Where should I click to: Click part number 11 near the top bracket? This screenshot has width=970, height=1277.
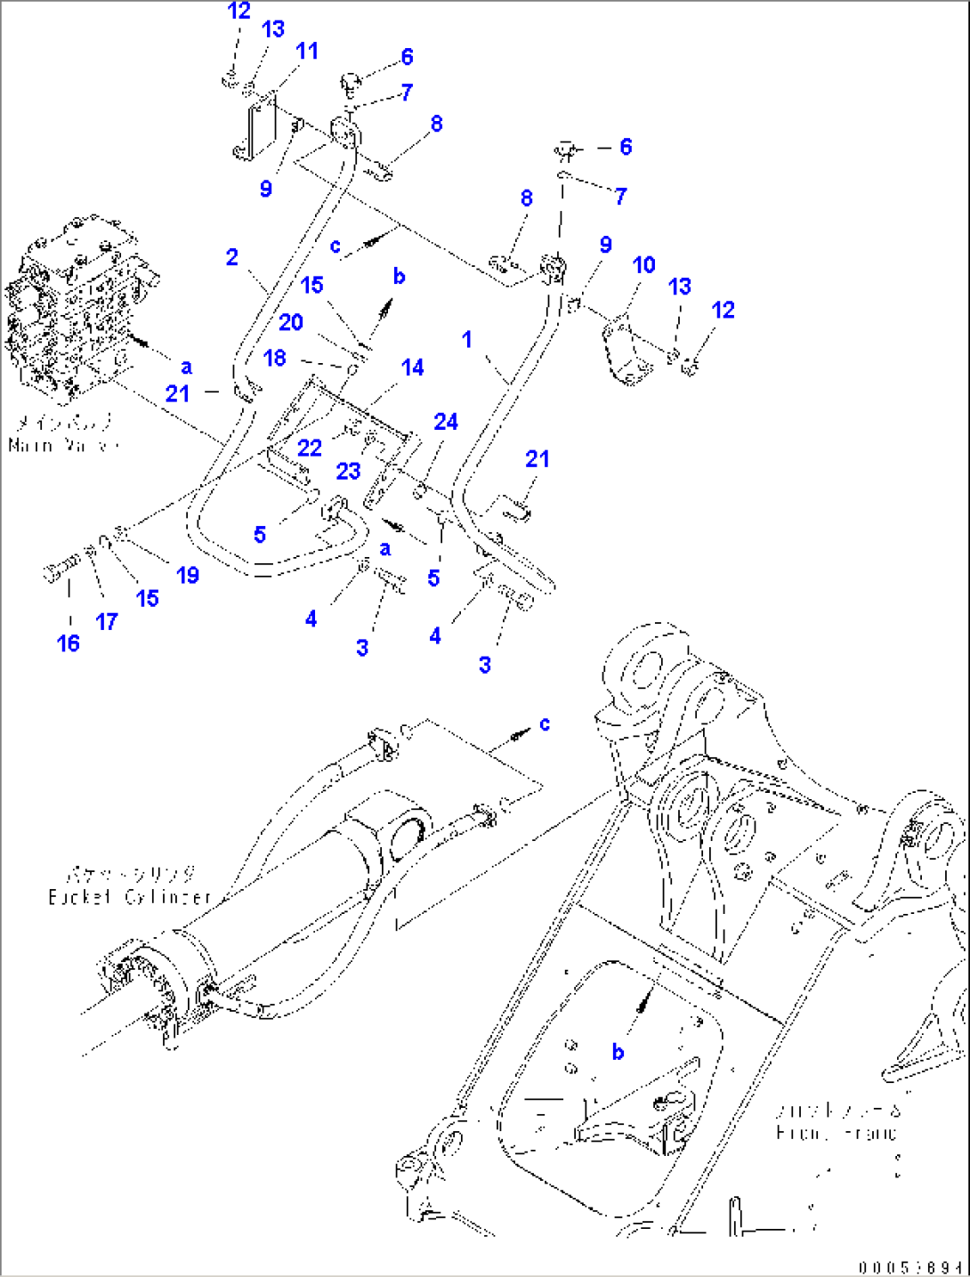306,52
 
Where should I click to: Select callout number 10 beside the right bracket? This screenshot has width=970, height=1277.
643,265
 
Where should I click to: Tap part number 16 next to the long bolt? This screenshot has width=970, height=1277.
69,643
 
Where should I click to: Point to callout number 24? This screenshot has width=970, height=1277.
446,422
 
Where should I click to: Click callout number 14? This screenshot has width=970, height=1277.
412,368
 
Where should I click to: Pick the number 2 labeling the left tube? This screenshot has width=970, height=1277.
231,258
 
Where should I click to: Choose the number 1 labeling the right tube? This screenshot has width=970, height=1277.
467,339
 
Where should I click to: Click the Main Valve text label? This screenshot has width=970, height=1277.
62,444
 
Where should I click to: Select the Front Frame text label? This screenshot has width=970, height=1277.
837,1133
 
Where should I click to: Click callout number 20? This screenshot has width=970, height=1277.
291,322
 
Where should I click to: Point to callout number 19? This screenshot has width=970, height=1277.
187,575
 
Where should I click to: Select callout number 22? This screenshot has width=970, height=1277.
309,448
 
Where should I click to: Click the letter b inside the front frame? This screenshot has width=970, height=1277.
618,1052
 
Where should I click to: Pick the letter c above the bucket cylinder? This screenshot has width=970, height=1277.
545,723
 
